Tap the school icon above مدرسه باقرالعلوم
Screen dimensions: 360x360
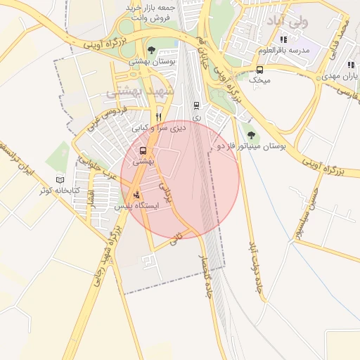284,39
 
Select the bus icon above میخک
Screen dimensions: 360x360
260,70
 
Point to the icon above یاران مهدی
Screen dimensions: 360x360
330,65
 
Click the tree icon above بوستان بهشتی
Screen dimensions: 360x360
152,50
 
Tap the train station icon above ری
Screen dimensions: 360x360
196,105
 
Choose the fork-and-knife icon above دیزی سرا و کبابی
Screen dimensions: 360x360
159,117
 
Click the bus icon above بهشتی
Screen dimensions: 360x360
143,150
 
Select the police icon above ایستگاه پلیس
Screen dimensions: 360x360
136,195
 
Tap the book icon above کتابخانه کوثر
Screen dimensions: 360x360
60,180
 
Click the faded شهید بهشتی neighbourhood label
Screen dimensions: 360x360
134,91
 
